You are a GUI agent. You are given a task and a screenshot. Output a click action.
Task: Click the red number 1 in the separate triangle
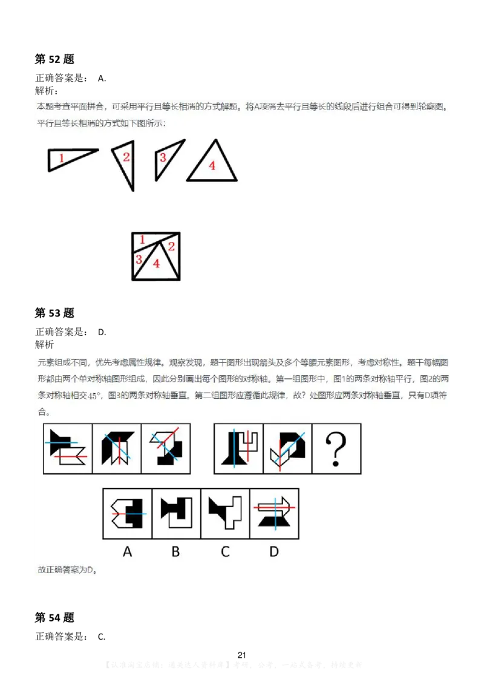pyautogui.click(x=62, y=159)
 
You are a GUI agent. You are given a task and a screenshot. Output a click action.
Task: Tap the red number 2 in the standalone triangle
pyautogui.click(x=126, y=157)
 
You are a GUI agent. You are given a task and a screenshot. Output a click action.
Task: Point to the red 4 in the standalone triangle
pyautogui.click(x=212, y=165)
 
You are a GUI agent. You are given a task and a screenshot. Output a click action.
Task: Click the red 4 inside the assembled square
pyautogui.click(x=157, y=263)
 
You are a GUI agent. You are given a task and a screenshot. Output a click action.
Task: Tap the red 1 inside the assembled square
pyautogui.click(x=142, y=240)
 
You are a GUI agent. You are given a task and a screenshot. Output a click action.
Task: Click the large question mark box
pyautogui.click(x=336, y=448)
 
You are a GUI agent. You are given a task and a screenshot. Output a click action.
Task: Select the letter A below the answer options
pyautogui.click(x=127, y=551)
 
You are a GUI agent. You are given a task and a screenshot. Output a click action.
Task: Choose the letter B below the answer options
pyautogui.click(x=175, y=551)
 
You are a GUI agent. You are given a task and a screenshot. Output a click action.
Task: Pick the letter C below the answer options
pyautogui.click(x=225, y=551)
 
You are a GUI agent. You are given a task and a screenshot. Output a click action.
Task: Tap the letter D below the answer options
pyautogui.click(x=274, y=551)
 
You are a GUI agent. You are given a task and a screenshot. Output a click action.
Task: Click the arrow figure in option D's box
pyautogui.click(x=274, y=513)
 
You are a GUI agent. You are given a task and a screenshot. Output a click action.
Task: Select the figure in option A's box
pyautogui.click(x=127, y=513)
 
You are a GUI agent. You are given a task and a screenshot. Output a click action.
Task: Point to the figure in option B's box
pyautogui.click(x=176, y=513)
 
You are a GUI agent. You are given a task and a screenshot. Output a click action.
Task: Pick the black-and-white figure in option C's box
pyautogui.click(x=225, y=513)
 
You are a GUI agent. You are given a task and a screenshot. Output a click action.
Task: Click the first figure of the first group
pyautogui.click(x=68, y=448)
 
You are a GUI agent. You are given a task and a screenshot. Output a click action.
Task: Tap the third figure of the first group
pyautogui.click(x=166, y=448)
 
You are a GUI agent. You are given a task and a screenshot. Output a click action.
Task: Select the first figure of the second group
pyautogui.click(x=238, y=448)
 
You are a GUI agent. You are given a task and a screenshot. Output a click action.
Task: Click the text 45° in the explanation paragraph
pyautogui.click(x=93, y=396)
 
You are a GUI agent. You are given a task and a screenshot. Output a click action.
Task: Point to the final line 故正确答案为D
pyautogui.click(x=68, y=569)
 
